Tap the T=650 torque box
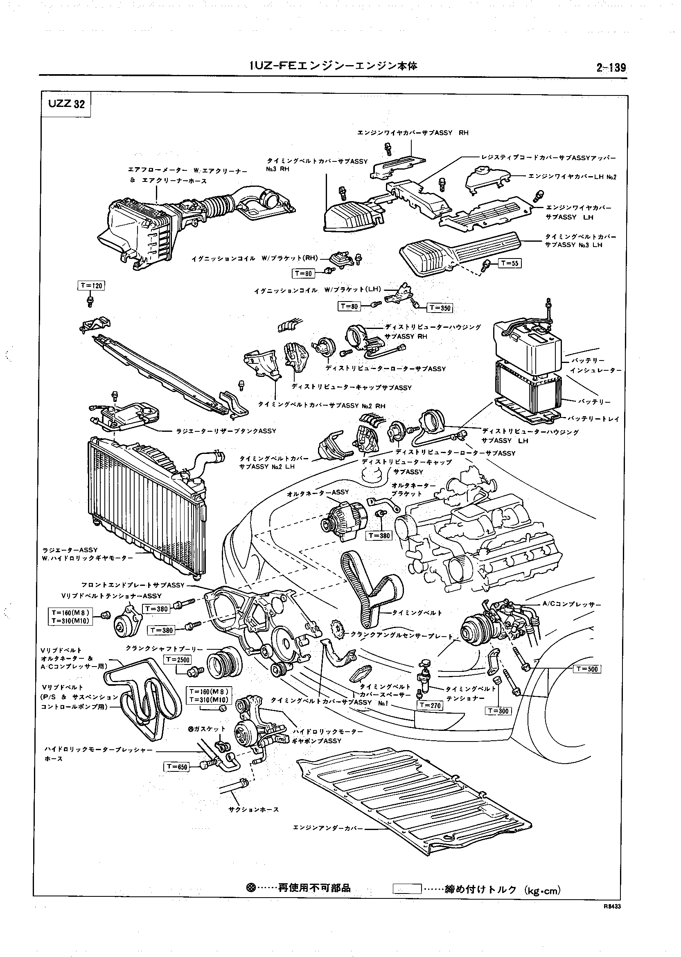click(176, 767)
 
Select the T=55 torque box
click(510, 263)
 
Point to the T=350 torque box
click(440, 308)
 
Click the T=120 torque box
click(91, 286)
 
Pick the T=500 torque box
click(586, 669)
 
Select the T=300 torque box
click(498, 711)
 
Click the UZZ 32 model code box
click(66, 104)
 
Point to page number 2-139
click(611, 68)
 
